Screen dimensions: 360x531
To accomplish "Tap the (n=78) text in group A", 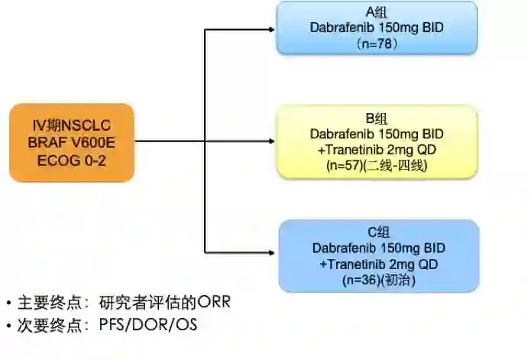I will pos(377,44).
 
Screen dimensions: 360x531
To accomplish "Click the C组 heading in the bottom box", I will pos(379,233).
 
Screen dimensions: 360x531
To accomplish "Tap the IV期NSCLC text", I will pos(72,125).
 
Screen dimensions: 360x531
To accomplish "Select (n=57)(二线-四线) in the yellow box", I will pos(377,164).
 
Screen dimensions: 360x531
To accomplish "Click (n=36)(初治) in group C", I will pos(379,280).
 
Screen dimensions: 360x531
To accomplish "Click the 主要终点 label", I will pos(46,303).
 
